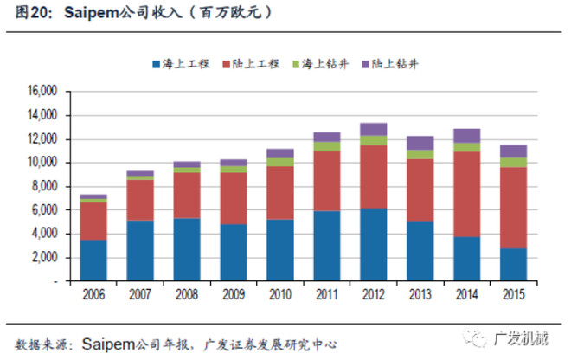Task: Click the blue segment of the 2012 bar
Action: coord(374,245)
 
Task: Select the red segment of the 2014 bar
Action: coord(467,194)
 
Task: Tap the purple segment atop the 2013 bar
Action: coord(420,143)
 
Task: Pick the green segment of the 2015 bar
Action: coord(513,163)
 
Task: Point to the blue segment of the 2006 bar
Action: coord(93,260)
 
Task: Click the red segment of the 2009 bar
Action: coord(234,198)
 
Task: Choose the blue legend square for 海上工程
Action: coord(157,65)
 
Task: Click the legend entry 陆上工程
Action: coord(251,64)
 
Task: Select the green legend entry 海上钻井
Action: coord(321,64)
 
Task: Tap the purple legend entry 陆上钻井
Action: coord(390,64)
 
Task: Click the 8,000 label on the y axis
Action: coord(44,186)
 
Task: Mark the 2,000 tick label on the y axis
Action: coord(44,258)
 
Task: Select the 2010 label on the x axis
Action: coord(280,294)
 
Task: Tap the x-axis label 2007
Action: coord(140,294)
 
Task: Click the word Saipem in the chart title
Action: coord(92,13)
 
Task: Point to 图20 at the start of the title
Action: coord(32,13)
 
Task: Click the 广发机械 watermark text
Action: coord(521,339)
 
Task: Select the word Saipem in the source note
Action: coord(108,344)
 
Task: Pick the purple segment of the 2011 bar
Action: coord(327,137)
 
